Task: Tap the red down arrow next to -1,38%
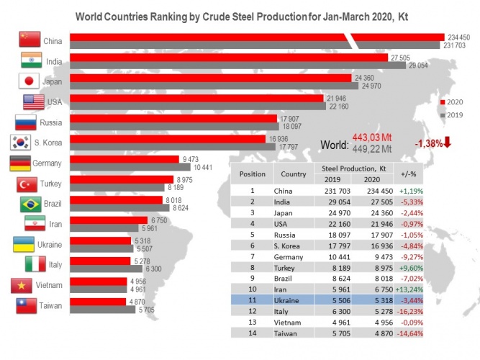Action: [447, 143]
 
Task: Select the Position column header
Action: [253, 174]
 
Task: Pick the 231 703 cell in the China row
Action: [332, 191]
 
